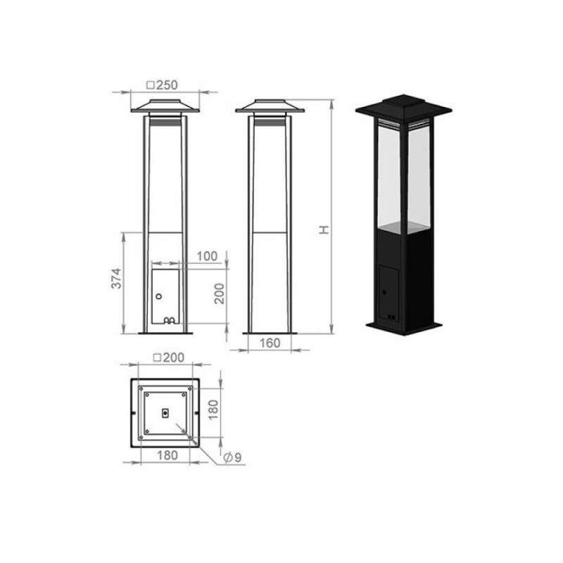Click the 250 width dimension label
click(x=163, y=85)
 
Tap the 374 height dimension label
click(x=116, y=278)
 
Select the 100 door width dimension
click(x=207, y=256)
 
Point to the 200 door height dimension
click(x=219, y=293)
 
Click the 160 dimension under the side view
click(x=270, y=343)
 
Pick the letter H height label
click(x=324, y=229)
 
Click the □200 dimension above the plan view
click(x=168, y=358)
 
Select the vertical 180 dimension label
click(x=213, y=410)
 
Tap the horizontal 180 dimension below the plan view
click(x=167, y=455)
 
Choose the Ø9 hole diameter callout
click(x=232, y=457)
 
